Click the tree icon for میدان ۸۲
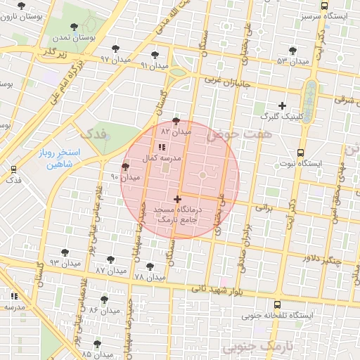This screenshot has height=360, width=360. [176, 121]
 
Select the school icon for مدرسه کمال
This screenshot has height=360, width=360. [161, 148]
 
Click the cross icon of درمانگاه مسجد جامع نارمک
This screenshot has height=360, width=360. [176, 200]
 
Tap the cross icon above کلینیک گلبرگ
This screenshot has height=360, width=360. [282, 105]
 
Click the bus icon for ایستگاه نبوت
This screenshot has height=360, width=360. [301, 153]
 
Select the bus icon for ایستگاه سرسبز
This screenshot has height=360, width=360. [323, 5]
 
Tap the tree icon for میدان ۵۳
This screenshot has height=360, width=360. [292, 51]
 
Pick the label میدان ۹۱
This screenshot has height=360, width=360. [155, 65]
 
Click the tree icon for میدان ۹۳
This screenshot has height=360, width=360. [65, 252]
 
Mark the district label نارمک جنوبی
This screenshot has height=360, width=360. [255, 347]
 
